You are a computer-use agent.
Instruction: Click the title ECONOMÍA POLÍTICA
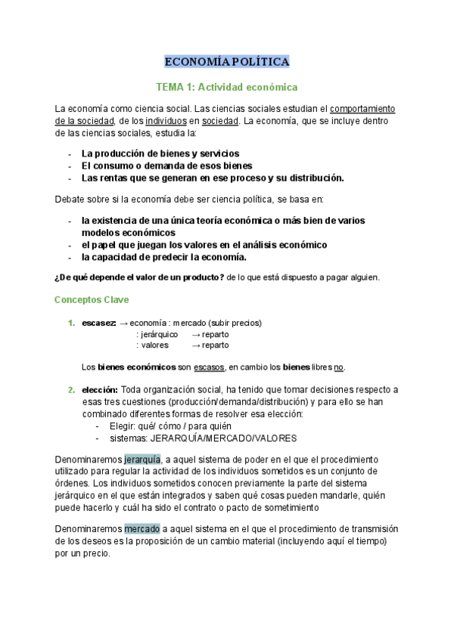coord(227,61)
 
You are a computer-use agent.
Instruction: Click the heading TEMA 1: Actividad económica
coord(227,87)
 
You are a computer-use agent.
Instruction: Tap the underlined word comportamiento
coord(362,108)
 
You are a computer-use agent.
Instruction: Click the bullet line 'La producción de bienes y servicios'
coord(160,153)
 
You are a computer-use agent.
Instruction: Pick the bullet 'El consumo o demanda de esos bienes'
coord(167,166)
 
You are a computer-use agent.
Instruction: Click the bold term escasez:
coord(98,324)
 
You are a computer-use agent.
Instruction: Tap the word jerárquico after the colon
coord(159,334)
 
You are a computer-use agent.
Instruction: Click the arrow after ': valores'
coord(196,345)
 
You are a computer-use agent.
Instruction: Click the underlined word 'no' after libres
coord(338,367)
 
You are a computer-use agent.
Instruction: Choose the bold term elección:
coord(100,390)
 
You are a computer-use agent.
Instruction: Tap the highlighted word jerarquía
coord(142,460)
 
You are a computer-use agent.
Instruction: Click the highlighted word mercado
coord(142,529)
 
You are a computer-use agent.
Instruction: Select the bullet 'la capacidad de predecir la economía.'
coord(164,257)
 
